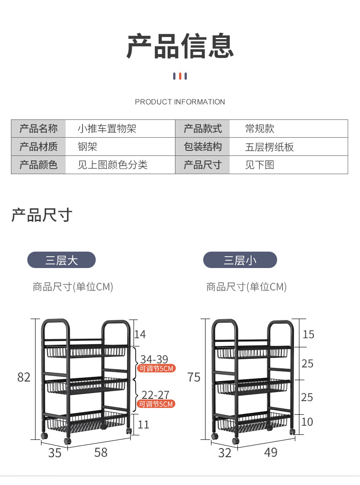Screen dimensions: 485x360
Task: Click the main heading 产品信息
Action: pos(180,46)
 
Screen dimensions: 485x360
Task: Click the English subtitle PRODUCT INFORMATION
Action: pos(180,102)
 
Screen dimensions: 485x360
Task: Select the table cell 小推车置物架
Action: pos(107,129)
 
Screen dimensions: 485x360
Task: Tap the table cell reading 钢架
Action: pos(87,147)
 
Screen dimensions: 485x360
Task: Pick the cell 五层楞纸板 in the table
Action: pos(269,147)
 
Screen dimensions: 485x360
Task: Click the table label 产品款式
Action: pos(203,129)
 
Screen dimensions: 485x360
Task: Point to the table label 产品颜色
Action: pos(39,165)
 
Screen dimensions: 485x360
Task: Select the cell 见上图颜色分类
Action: pos(113,165)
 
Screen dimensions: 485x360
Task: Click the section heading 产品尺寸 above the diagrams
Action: pos(42,215)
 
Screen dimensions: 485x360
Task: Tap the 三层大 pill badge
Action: pos(62,260)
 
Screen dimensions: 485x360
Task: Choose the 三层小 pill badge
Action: pos(240,260)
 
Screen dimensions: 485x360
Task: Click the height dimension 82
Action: pos(24,377)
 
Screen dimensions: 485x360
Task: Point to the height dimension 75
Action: pos(194,377)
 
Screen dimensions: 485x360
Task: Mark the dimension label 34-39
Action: pos(154,359)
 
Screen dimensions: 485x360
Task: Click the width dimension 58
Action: pos(101,452)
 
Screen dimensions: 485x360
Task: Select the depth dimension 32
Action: pos(225,453)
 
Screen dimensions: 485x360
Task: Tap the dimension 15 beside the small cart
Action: pos(309,335)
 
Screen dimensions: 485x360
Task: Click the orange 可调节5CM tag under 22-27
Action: pos(156,404)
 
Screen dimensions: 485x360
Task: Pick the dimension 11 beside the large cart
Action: pos(144,425)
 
